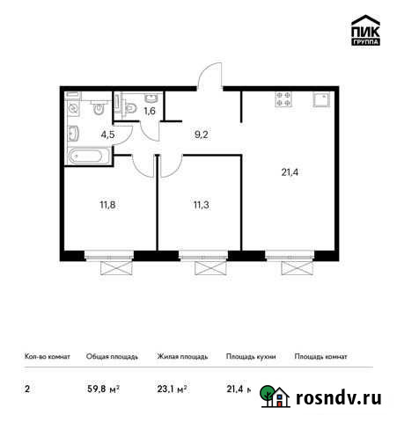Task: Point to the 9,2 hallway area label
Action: (201, 135)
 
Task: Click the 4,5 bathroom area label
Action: (108, 135)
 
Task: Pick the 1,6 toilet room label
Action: (149, 111)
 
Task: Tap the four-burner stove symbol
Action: (284, 99)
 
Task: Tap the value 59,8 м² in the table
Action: (102, 388)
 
